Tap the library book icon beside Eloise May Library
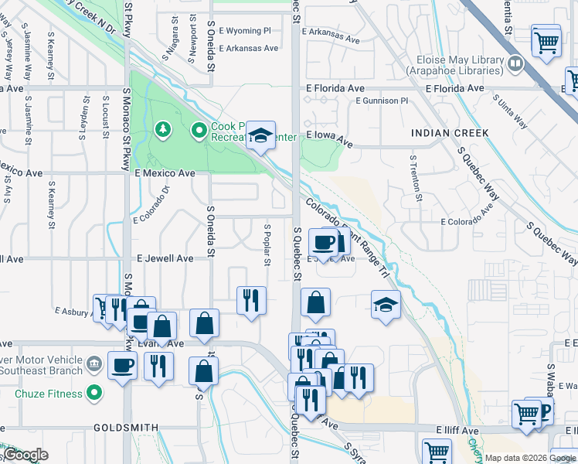tap(515, 62)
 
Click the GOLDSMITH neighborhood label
tap(126, 427)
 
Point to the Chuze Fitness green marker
tap(95, 394)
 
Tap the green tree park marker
tap(162, 128)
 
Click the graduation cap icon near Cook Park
tap(261, 136)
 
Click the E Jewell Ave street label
tap(165, 258)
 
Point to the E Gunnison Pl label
tap(382, 101)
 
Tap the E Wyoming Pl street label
tap(245, 31)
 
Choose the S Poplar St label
tap(267, 244)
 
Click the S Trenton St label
tap(416, 177)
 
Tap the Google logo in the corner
tap(25, 455)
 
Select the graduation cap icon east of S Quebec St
tap(386, 305)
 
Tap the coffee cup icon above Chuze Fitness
tap(123, 365)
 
